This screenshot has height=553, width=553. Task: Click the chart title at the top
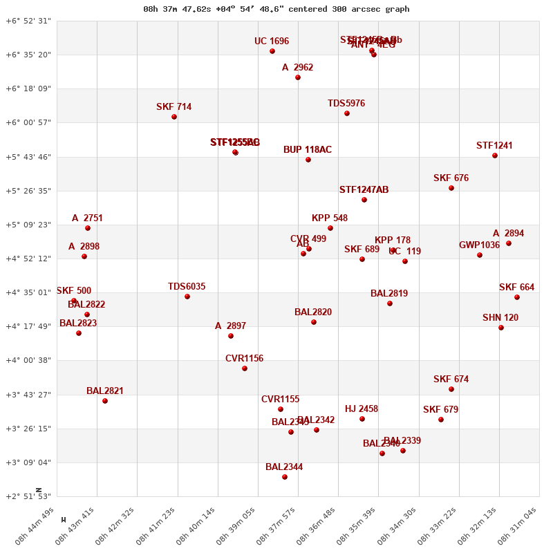pos(276,9)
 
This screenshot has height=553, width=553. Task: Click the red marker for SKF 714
pos(174,117)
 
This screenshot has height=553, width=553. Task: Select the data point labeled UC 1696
pos(272,51)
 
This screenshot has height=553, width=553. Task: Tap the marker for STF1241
pos(495,156)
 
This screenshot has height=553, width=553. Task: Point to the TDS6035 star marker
pos(187,297)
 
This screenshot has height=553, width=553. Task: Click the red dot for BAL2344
pos(285,477)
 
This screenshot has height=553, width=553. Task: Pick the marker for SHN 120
pos(501,328)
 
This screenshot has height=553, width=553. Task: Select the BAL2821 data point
pos(105,401)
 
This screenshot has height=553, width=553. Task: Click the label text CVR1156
pos(244,359)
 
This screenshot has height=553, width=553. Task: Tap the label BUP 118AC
pos(308,150)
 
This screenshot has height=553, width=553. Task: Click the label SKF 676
pos(451,178)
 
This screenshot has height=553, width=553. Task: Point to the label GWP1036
pos(479,245)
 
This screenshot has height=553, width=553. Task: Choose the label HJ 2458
pos(362,409)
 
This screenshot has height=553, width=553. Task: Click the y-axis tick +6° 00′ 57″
pos(28,123)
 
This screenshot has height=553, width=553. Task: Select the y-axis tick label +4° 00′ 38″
pos(28,361)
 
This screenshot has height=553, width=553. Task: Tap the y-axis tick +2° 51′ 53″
pos(28,497)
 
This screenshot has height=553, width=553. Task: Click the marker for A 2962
pos(298,77)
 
